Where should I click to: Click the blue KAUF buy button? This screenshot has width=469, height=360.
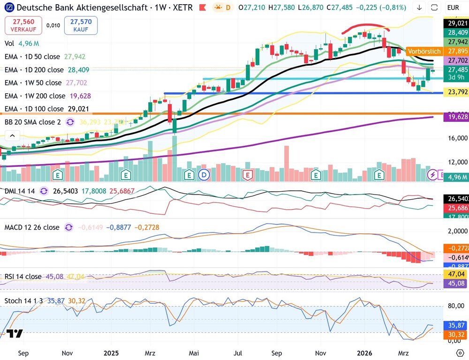81,25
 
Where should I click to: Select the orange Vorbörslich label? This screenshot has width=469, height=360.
424,52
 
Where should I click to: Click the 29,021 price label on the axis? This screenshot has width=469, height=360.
455,22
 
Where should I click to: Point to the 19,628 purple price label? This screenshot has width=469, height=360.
455,117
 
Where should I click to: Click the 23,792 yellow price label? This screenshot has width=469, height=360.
455,92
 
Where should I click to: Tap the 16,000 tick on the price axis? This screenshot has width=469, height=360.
455,138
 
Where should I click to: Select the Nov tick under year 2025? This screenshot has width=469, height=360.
321,352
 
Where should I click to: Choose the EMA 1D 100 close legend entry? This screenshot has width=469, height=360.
35,109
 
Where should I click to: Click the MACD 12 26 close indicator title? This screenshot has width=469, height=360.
32,227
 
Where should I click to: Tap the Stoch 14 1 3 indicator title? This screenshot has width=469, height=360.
26,300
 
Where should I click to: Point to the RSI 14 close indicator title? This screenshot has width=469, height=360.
23,277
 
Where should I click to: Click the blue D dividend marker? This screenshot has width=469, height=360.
204,175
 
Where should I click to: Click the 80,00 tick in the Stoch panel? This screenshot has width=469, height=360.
455,306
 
